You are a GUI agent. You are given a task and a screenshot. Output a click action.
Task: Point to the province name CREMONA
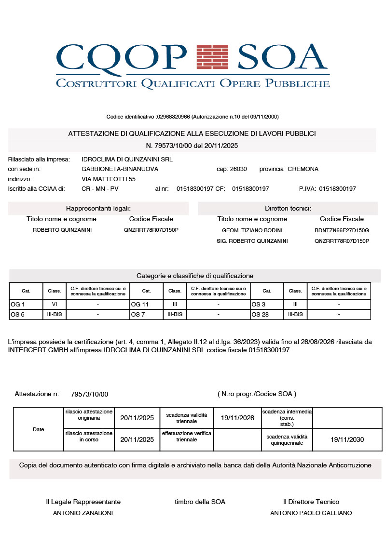click(303, 169)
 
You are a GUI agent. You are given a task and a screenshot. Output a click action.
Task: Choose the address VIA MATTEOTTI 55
click(109, 179)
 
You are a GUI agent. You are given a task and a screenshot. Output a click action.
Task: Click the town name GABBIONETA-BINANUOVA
click(120, 169)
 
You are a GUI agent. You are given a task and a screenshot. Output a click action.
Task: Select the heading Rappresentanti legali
click(98, 208)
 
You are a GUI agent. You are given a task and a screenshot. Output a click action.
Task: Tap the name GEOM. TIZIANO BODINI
click(252, 230)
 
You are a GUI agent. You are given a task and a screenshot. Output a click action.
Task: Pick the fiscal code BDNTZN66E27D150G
click(342, 230)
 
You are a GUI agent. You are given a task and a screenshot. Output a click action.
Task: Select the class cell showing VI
click(54, 305)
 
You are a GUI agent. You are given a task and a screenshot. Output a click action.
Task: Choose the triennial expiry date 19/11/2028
click(237, 418)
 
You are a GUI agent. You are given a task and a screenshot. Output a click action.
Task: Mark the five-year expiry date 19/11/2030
click(347, 439)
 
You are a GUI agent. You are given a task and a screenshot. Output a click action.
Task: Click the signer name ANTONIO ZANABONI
click(83, 513)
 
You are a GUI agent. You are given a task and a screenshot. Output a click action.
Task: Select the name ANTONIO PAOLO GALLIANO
click(311, 513)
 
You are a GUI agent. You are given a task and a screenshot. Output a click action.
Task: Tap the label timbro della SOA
click(200, 502)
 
